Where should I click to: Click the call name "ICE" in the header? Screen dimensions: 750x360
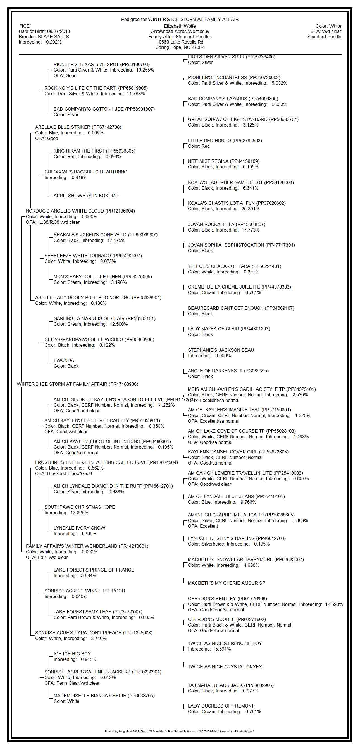point(26,26)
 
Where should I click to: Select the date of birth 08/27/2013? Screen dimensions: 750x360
point(58,32)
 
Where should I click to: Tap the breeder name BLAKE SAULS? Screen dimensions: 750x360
point(54,37)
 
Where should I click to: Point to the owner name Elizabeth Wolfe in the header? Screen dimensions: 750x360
point(180,26)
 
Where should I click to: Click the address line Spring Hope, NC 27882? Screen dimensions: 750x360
point(180,47)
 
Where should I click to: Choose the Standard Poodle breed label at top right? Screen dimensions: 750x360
point(324,37)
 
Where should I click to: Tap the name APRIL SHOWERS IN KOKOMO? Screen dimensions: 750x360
point(86,196)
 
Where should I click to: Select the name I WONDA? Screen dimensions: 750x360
point(64,360)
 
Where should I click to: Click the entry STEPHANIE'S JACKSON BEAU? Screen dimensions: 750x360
point(221,350)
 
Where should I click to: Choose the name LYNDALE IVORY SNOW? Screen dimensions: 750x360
point(79,528)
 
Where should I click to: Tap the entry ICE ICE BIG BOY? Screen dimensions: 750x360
point(72,654)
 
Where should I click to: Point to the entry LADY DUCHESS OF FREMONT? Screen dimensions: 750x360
point(221,706)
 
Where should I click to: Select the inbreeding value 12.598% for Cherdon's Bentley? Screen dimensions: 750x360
point(334,604)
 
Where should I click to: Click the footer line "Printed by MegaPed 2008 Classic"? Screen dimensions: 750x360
point(180,731)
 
